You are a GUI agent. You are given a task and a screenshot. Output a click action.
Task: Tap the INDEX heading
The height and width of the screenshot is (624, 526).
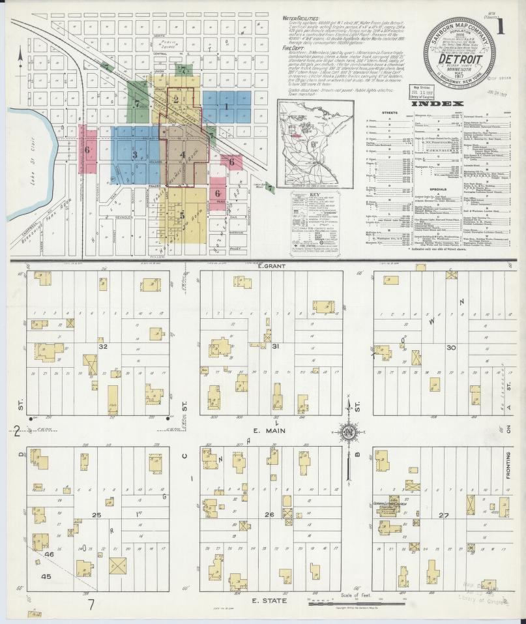pyautogui.click(x=439, y=103)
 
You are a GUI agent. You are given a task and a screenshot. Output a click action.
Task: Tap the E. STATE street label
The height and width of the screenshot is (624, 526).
pyautogui.click(x=268, y=600)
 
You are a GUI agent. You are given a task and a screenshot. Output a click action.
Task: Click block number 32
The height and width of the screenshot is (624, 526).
pyautogui.click(x=102, y=347)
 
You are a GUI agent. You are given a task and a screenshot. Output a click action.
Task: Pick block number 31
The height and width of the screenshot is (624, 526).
pyautogui.click(x=276, y=346)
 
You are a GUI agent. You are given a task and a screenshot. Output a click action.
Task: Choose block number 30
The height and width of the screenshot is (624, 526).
pyautogui.click(x=450, y=348)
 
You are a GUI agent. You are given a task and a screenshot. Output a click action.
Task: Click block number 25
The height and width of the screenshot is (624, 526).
pyautogui.click(x=96, y=515)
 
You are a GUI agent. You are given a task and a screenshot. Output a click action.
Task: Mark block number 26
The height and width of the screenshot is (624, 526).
pyautogui.click(x=269, y=515)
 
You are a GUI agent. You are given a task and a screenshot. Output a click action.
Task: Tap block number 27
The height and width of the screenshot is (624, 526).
pyautogui.click(x=445, y=515)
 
